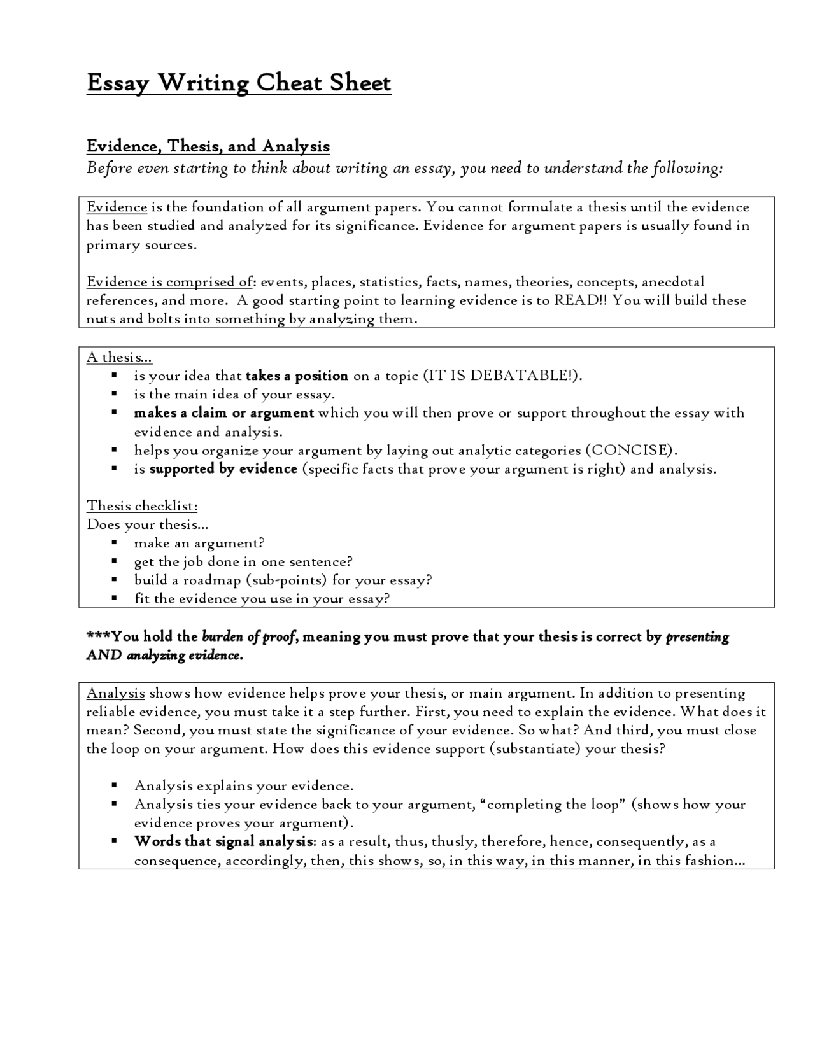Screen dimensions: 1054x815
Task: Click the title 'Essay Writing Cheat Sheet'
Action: pos(239,83)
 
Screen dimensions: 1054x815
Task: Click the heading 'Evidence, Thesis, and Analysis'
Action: pos(208,146)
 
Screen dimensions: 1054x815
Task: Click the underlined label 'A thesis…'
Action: pos(119,357)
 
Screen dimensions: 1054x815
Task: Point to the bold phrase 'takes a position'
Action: pos(297,376)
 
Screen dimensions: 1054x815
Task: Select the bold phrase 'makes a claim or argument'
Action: pos(223,413)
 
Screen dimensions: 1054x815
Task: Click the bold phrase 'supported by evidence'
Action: pos(223,469)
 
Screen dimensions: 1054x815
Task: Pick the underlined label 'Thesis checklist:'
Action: pos(142,506)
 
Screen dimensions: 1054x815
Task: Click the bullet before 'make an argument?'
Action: pos(114,543)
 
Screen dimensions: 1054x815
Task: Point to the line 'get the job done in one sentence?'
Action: pos(243,561)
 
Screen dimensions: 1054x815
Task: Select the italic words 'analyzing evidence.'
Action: pos(185,656)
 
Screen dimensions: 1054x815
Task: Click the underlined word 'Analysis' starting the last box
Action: pos(116,693)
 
